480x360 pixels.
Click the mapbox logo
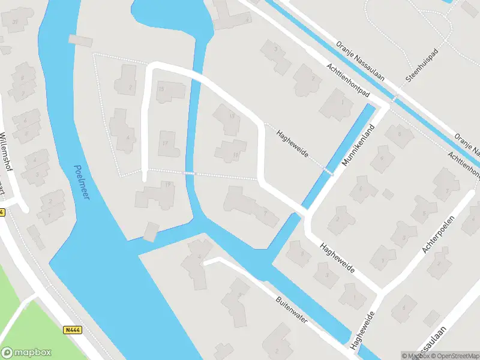(x=26, y=353)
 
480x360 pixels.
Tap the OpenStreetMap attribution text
(x=454, y=356)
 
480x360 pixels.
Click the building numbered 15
(x=170, y=91)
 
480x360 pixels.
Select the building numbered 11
(x=231, y=151)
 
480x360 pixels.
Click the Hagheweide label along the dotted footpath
(x=292, y=145)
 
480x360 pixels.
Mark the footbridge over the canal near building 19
(x=189, y=173)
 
